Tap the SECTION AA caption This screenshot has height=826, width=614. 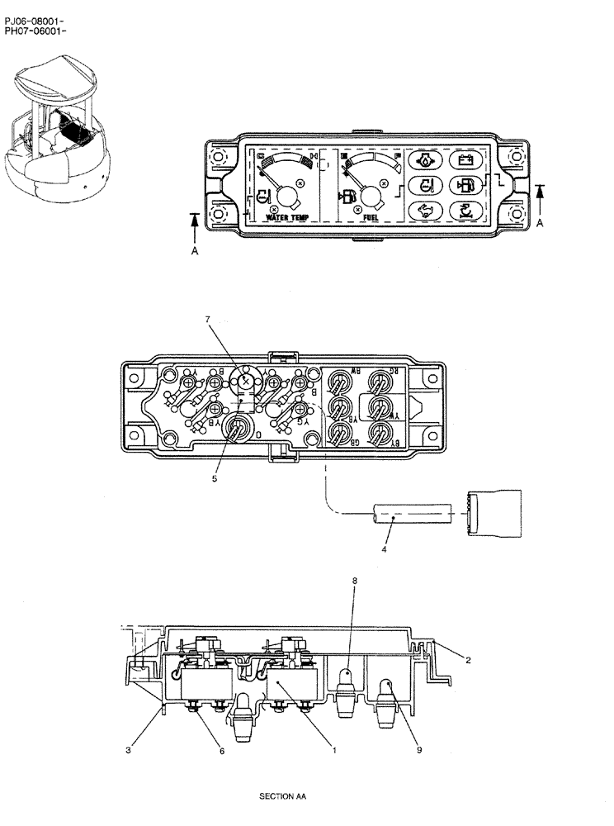pyautogui.click(x=282, y=798)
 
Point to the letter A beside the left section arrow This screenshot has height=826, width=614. pyautogui.click(x=195, y=254)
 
